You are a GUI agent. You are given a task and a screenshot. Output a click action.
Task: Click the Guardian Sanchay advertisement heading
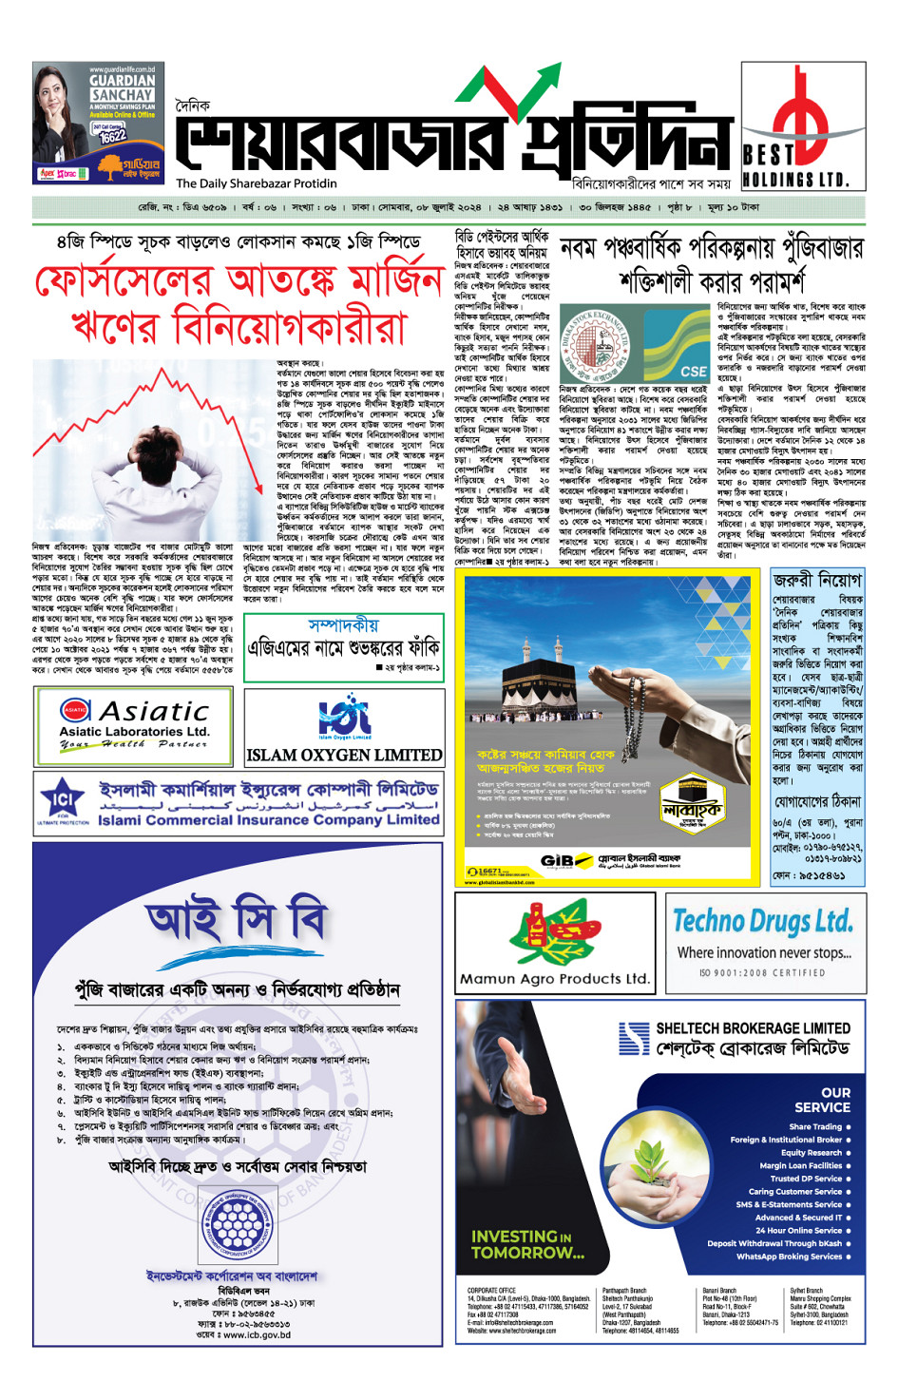[122, 87]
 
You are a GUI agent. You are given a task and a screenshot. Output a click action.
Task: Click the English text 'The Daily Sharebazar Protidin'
[256, 183]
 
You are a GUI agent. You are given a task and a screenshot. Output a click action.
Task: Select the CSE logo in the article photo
[693, 371]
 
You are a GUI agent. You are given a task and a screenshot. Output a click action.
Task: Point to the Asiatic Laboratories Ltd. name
[134, 731]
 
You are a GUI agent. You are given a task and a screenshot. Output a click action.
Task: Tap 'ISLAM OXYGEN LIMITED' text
[344, 756]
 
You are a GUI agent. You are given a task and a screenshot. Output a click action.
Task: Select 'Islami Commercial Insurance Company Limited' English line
[269, 819]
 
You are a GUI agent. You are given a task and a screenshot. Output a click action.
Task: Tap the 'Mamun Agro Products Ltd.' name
[555, 978]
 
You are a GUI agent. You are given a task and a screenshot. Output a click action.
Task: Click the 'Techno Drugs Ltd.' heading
[763, 920]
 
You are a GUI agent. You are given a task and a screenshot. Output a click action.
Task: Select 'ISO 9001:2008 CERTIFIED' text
[762, 972]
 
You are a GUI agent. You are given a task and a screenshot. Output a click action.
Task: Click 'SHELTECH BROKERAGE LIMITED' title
[753, 1028]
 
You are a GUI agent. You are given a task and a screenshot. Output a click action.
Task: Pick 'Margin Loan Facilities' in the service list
[800, 1165]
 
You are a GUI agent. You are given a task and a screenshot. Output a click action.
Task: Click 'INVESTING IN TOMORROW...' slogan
[527, 1244]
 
